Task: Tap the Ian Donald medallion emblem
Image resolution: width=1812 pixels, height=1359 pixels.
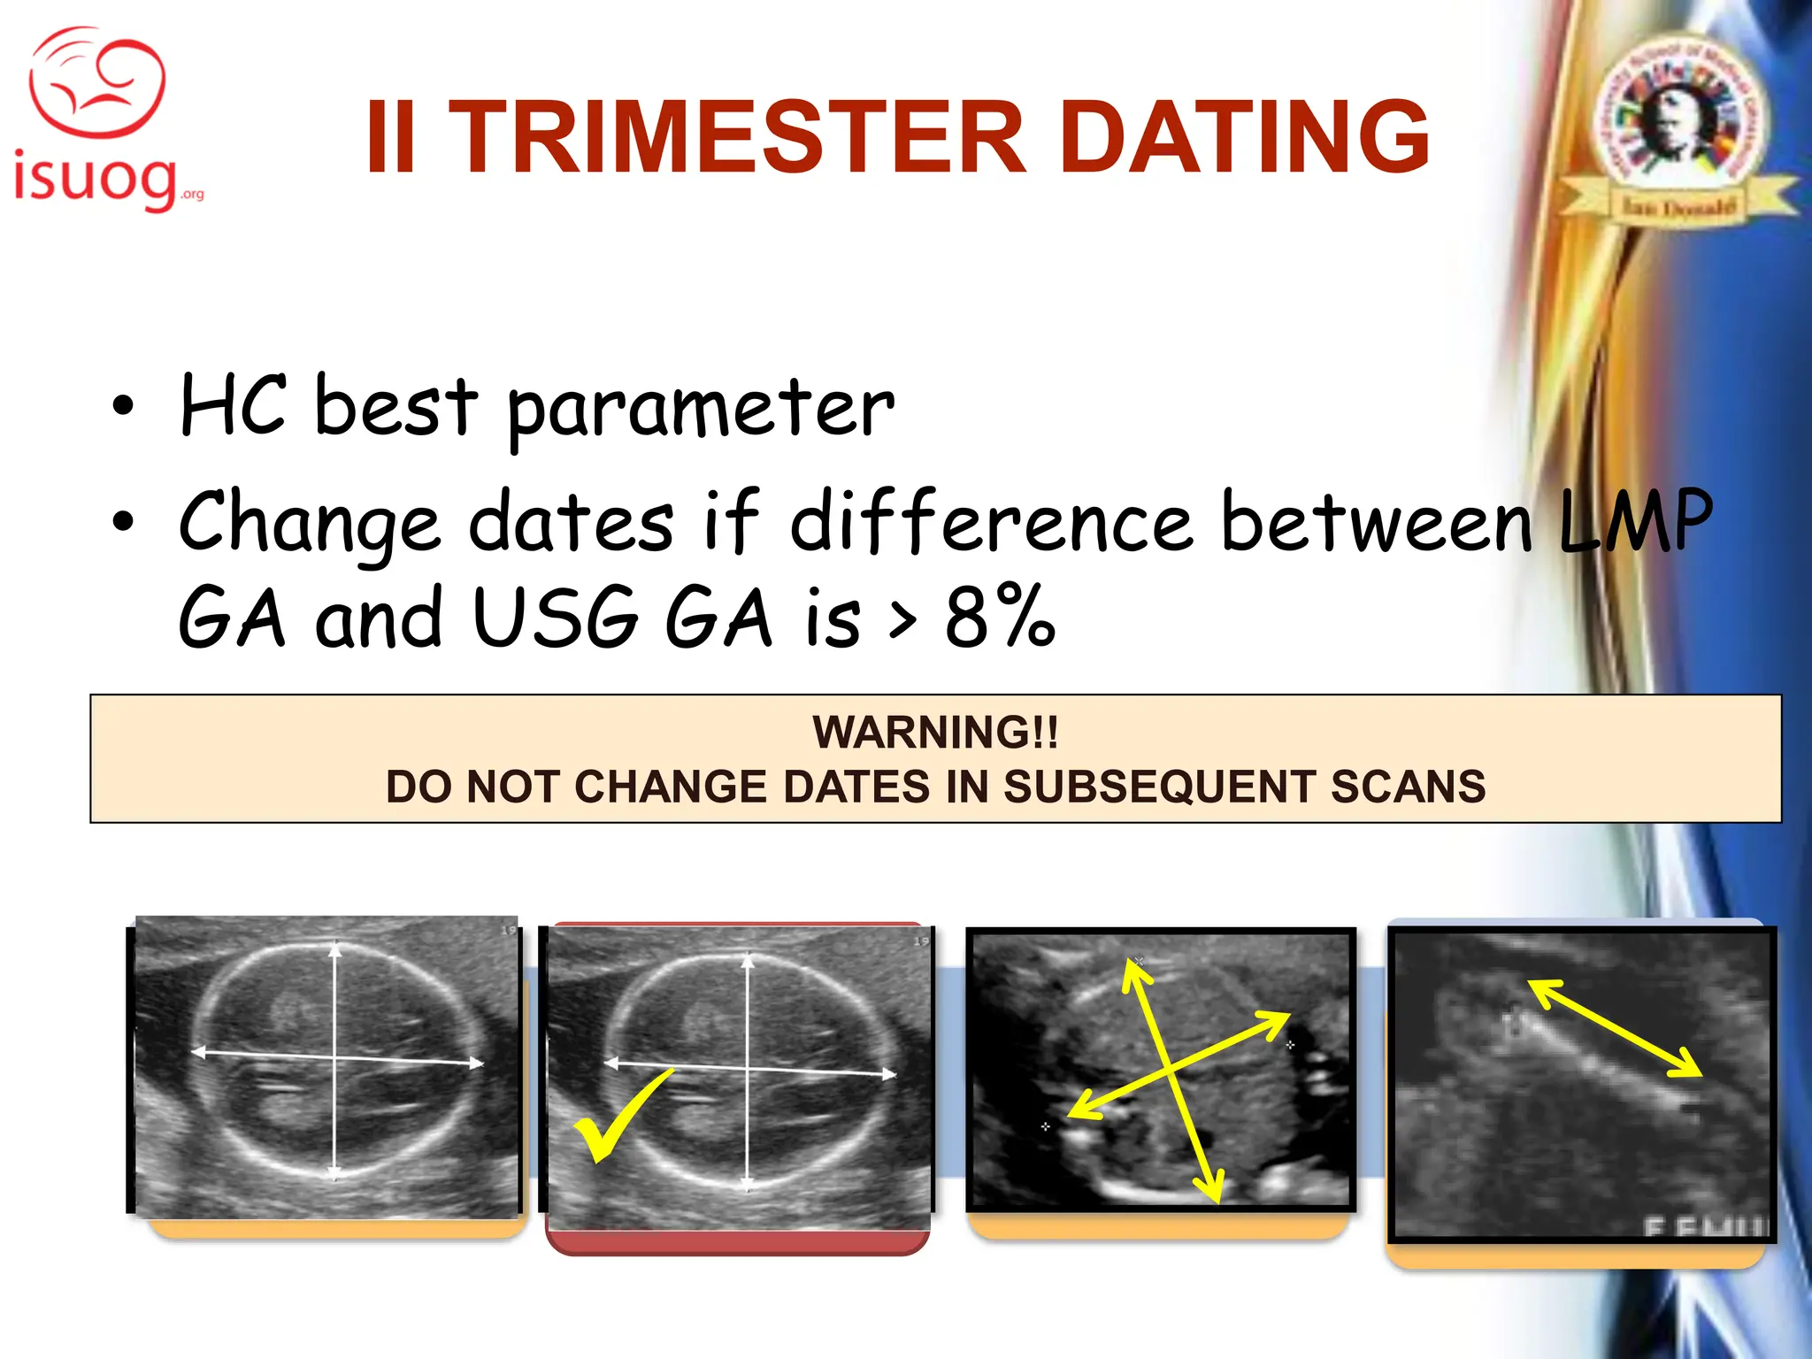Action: click(1678, 124)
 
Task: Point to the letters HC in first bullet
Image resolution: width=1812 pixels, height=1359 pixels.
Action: click(233, 405)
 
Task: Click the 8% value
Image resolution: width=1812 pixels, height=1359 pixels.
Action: click(1000, 617)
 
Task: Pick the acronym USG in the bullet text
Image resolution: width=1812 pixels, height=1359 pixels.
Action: click(556, 617)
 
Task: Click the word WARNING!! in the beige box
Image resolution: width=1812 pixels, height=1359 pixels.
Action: click(935, 733)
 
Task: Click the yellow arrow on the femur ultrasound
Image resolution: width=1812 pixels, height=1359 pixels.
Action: click(1616, 1028)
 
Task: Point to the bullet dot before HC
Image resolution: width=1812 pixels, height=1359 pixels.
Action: click(123, 407)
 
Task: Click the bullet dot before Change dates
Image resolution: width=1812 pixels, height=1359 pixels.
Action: click(123, 522)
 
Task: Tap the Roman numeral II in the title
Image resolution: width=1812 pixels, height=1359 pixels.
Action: click(390, 138)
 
